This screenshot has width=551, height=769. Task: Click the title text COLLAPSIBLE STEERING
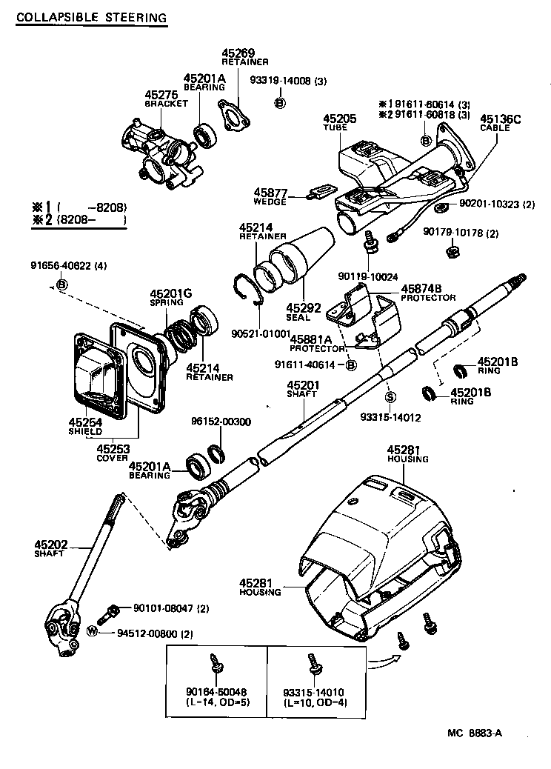(90, 16)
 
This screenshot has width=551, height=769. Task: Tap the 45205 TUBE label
(339, 122)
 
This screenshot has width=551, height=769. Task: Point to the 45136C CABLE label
(501, 122)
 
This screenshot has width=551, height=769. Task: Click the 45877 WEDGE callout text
(270, 195)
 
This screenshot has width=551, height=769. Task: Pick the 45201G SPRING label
(170, 297)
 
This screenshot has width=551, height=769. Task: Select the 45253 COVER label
(113, 452)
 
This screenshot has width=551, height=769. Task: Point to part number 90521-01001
(259, 334)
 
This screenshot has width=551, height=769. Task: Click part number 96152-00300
(221, 422)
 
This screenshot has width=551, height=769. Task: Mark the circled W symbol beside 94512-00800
(92, 632)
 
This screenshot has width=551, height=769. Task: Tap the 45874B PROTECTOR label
(431, 292)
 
